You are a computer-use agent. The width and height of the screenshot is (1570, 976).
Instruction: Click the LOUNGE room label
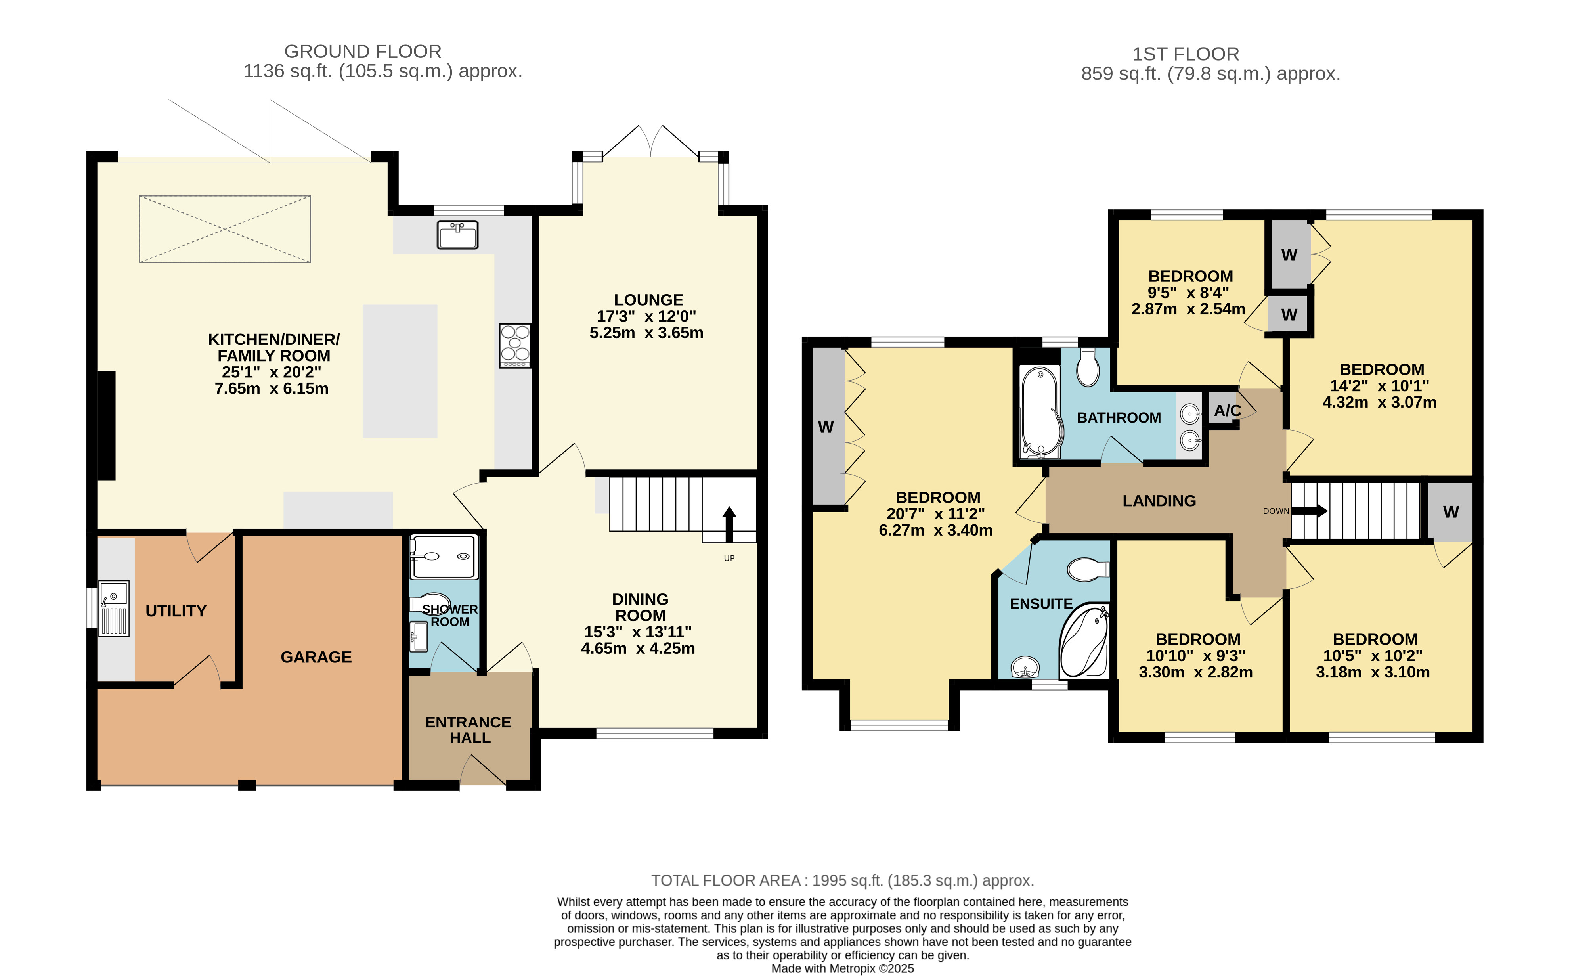point(648,300)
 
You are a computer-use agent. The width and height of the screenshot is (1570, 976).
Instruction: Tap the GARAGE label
point(316,657)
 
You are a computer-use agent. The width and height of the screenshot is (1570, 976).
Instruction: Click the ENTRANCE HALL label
point(469,730)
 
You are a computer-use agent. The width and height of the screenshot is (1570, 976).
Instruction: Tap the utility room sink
point(114,609)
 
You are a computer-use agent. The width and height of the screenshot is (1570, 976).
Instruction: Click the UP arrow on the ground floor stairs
point(729,524)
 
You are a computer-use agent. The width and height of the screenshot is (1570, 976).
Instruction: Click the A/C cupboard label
point(1228,411)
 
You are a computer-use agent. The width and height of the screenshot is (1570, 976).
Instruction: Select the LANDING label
point(1159,501)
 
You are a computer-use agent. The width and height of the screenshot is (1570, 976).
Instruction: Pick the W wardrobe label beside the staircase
point(1451,512)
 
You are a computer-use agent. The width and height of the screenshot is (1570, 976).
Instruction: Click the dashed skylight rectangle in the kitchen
point(225,229)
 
